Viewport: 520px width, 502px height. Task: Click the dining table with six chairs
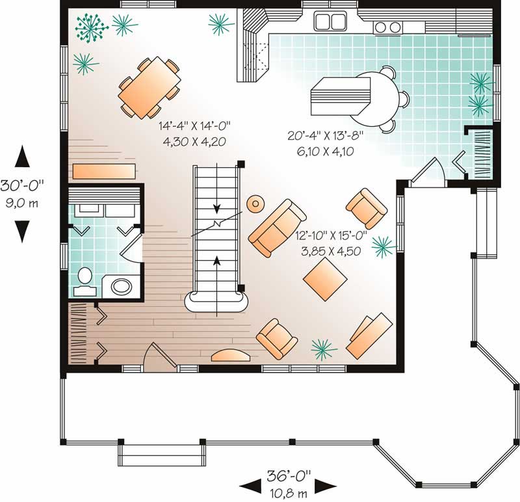149,87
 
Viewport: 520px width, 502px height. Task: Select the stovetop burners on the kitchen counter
388,27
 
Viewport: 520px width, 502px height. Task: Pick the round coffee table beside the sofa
255,204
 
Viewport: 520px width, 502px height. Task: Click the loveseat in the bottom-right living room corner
369,336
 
